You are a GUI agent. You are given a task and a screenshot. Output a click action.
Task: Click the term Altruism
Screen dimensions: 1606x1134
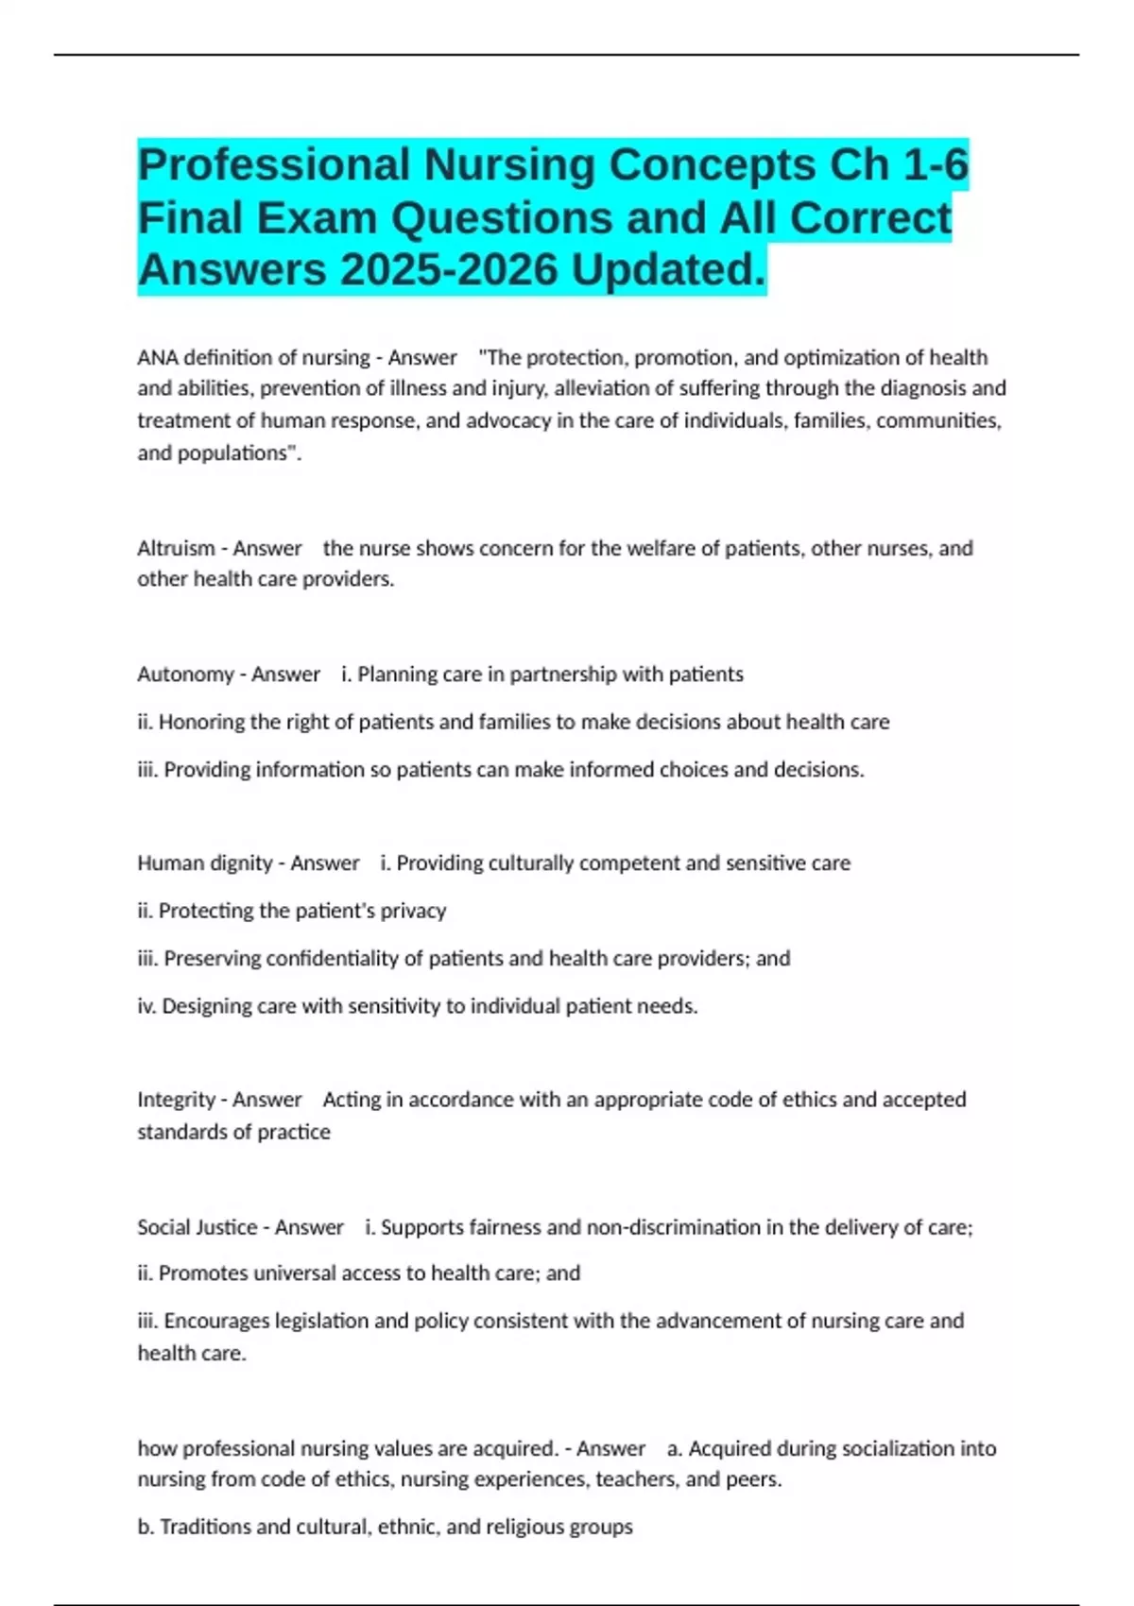[176, 549]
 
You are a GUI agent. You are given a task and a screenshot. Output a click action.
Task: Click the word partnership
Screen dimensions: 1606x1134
[561, 675]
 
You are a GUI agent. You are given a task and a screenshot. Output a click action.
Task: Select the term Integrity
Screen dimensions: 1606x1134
[176, 1101]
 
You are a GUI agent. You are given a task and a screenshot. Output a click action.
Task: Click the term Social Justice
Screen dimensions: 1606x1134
[197, 1228]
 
